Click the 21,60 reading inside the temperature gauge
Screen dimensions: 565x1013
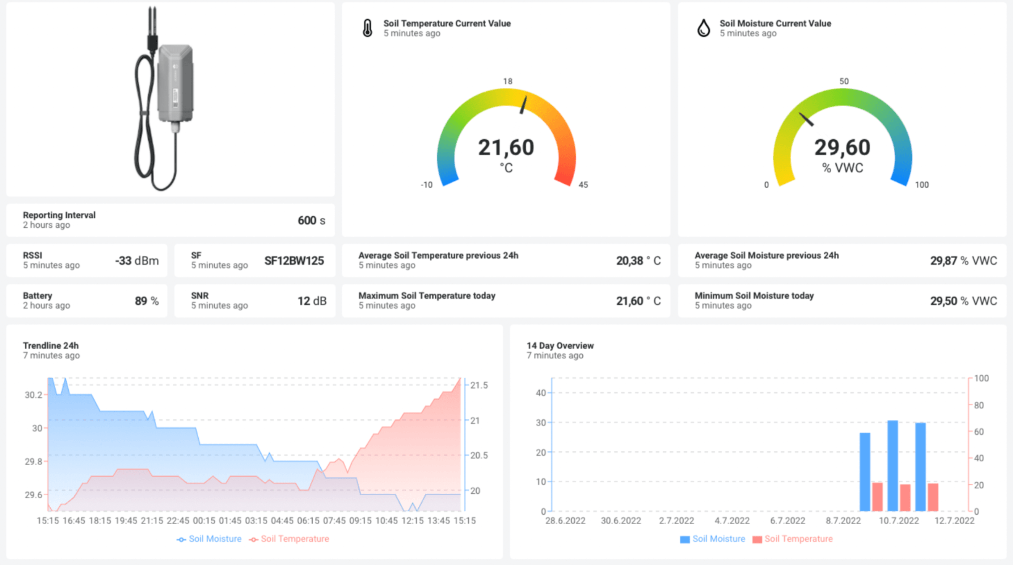click(x=506, y=148)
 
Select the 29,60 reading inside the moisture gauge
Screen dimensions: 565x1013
click(x=842, y=148)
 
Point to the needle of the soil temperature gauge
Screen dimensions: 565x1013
click(x=523, y=105)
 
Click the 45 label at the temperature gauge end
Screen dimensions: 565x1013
click(x=583, y=185)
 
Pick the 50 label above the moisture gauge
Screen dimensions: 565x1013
click(x=844, y=81)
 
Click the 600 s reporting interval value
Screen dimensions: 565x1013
click(x=311, y=220)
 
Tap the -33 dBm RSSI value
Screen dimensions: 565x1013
click(x=137, y=260)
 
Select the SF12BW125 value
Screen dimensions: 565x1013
click(x=294, y=260)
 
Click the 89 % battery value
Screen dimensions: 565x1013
click(x=147, y=301)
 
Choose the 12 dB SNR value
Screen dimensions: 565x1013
click(x=312, y=301)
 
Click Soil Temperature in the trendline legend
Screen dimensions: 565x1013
click(x=294, y=539)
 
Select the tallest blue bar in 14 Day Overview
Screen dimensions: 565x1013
click(x=893, y=466)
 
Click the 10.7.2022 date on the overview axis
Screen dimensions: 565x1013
click(x=899, y=521)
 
